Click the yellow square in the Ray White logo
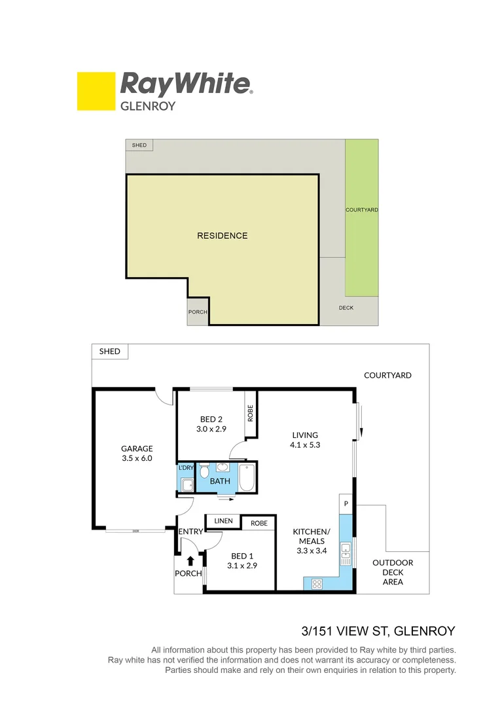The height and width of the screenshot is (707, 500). pos(96,91)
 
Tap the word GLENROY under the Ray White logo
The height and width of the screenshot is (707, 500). pos(148,105)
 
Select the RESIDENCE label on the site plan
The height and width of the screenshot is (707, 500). pos(223,236)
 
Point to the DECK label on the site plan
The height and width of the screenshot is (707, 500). pos(346,308)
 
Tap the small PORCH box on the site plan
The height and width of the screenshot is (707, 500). pos(198,312)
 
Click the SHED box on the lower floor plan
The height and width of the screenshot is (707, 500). pos(110,352)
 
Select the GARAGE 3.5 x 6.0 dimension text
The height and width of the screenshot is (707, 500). pos(137,458)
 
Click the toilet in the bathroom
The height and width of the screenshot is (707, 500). pos(204,471)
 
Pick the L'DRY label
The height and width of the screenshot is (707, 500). pos(186,467)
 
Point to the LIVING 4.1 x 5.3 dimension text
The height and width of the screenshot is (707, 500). pos(305,444)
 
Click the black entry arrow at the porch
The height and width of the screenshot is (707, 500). pos(190,560)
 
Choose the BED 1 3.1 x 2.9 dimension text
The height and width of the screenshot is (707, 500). pos(241,565)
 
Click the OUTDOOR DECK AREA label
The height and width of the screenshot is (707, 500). pos(393,572)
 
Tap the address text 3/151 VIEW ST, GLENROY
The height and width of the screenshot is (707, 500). pos(378,632)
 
